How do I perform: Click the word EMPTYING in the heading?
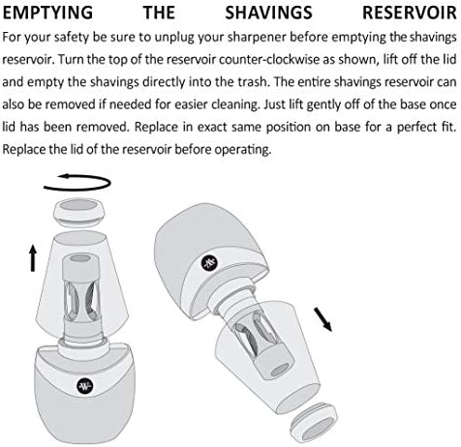pyautogui.click(x=47, y=13)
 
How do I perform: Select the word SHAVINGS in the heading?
pyautogui.click(x=268, y=13)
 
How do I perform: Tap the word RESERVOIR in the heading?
pyautogui.click(x=410, y=13)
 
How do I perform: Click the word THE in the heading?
pyautogui.click(x=159, y=13)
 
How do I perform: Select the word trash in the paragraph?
pyautogui.click(x=253, y=82)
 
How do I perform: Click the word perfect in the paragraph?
pyautogui.click(x=416, y=128)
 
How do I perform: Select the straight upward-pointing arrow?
pyautogui.click(x=33, y=257)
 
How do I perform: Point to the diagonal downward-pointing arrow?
pyautogui.click(x=323, y=319)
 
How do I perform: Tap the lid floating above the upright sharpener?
pyautogui.click(x=79, y=213)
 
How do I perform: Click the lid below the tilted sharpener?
pyautogui.click(x=314, y=422)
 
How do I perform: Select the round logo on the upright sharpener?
pyautogui.click(x=85, y=385)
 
